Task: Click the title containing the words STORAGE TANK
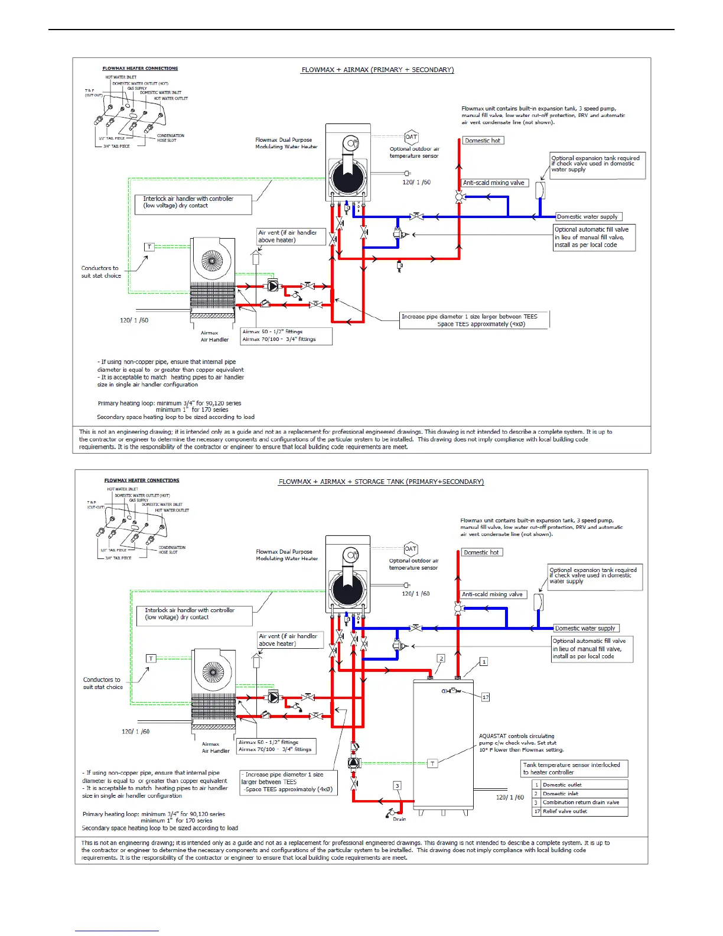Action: coord(381,482)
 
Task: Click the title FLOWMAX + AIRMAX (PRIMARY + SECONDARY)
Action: coord(377,70)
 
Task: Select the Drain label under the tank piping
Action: coord(399,819)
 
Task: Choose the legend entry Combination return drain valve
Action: coord(581,802)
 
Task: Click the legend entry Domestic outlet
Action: coord(562,785)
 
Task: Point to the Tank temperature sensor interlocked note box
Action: coord(571,768)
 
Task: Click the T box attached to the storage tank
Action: coord(432,763)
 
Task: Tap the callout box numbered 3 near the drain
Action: coord(398,786)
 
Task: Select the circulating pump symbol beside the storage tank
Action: coord(354,762)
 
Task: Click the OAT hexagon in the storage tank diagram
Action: coord(411,549)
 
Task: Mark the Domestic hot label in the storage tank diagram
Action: coord(481,552)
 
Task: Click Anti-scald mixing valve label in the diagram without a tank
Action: coord(494,183)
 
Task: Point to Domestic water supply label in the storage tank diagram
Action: coord(585,628)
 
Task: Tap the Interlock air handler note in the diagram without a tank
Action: coord(188,202)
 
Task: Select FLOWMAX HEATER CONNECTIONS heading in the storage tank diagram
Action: coord(142,480)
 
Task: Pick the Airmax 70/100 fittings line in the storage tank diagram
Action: coord(275,749)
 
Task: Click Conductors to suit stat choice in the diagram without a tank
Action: coord(101,272)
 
